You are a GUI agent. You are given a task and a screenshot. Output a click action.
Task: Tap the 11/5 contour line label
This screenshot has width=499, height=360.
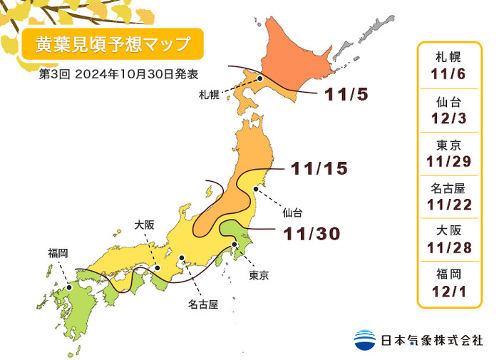coord(346,94)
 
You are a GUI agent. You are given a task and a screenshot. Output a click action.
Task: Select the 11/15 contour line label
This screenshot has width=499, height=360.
coord(318,168)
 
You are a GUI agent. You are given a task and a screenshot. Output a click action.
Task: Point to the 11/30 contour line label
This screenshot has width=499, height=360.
coord(311,233)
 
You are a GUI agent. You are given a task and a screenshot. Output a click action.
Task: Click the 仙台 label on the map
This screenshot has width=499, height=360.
coord(292,212)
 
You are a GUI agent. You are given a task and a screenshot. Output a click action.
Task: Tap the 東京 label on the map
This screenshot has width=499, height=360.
coord(259,275)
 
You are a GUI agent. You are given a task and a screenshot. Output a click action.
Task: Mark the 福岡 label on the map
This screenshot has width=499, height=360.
coord(58,253)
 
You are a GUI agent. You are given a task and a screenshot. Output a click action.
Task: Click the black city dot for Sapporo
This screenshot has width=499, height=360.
coord(260,79)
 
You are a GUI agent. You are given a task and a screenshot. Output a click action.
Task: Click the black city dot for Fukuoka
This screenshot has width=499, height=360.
coord(68,288)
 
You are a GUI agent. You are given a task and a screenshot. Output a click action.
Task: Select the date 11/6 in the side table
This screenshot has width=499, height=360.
coord(448,74)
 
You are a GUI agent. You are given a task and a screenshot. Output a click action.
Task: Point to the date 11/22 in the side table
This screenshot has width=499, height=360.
coord(448,205)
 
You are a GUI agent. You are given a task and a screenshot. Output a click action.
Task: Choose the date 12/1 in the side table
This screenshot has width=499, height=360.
coord(448,292)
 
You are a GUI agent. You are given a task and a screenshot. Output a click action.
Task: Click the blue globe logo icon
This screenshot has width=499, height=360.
coord(365,339)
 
